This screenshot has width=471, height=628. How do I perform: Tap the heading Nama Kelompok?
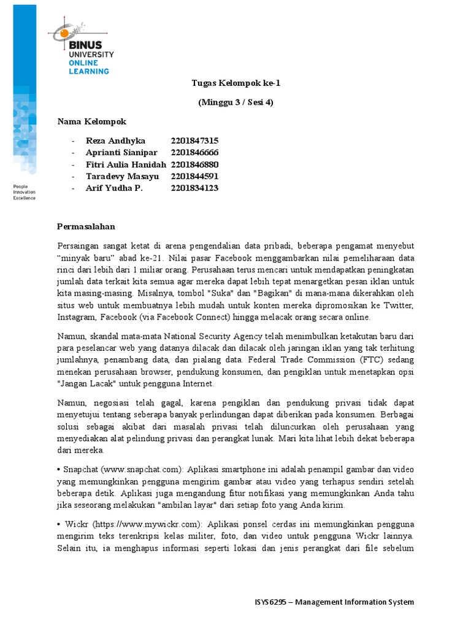[92, 121]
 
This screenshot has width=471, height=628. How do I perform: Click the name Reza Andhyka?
[116, 141]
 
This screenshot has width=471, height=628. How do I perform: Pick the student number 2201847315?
[194, 141]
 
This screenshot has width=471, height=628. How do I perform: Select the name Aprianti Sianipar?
[121, 153]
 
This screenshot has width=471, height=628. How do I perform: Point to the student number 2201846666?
[194, 153]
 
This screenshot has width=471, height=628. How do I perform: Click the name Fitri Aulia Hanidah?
[126, 164]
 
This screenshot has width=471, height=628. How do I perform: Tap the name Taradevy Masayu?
[122, 176]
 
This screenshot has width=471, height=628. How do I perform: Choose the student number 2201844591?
[194, 176]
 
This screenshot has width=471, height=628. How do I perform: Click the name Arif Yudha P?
[114, 188]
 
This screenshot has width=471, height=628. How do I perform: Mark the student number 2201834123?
[194, 188]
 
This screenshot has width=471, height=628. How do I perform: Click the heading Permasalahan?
[86, 226]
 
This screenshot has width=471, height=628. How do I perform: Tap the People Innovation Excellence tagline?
[25, 192]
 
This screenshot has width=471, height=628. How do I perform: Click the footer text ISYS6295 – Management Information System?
[334, 602]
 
